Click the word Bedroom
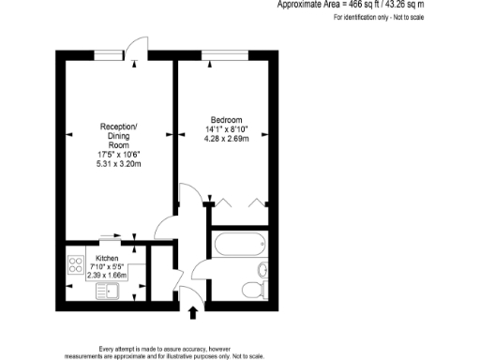click(x=227, y=120)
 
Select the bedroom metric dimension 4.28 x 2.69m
click(x=227, y=141)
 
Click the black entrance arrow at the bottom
click(x=195, y=312)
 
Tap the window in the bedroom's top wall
click(x=219, y=53)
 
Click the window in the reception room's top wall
click(x=107, y=53)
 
